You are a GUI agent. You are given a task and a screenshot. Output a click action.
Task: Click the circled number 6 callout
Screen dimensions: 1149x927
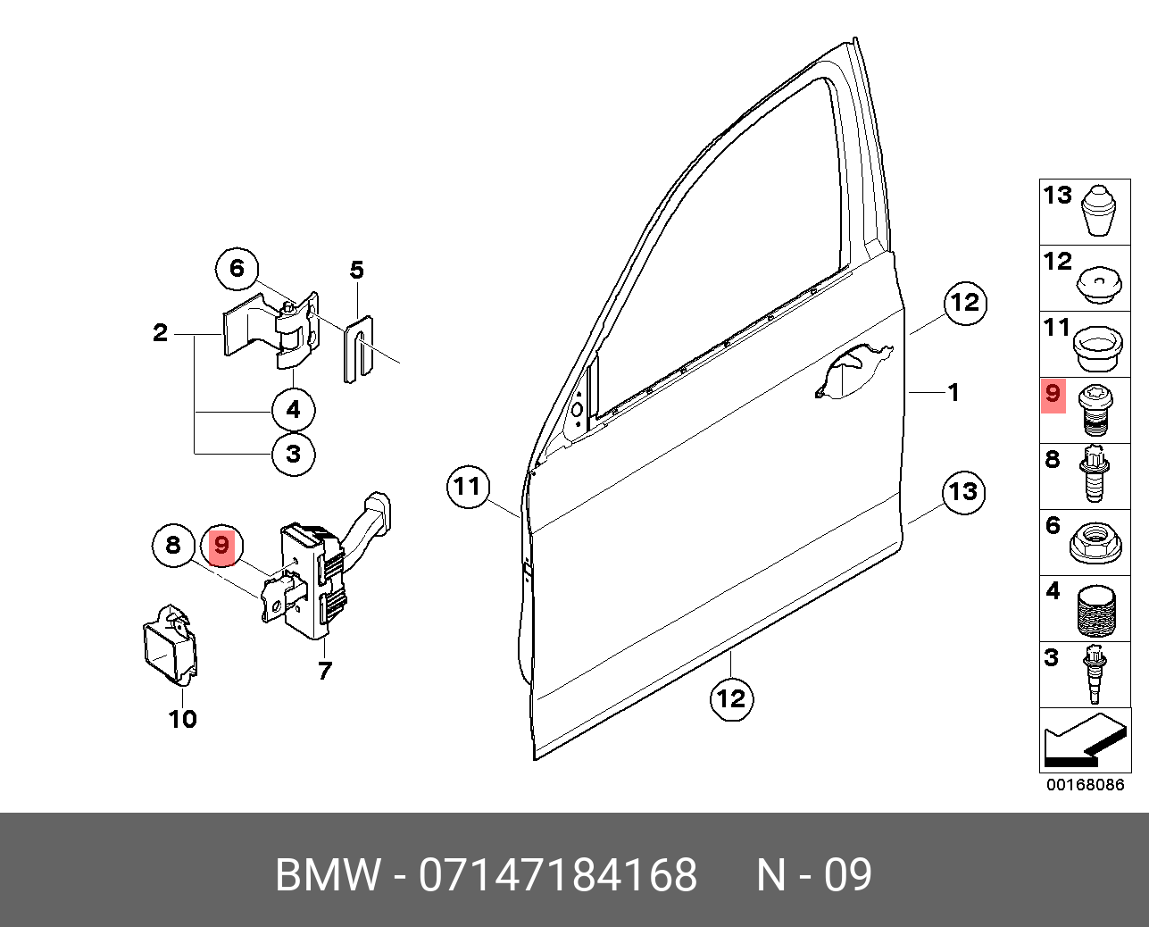pos(237,268)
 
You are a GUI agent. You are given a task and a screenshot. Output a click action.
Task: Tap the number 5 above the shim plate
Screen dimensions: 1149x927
pos(356,270)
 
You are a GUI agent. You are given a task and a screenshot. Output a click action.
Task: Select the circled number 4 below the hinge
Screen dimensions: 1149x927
pos(294,411)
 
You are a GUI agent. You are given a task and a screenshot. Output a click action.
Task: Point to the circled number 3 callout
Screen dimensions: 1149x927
pos(294,454)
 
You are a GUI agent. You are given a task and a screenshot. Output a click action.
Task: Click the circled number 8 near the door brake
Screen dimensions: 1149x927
pos(173,545)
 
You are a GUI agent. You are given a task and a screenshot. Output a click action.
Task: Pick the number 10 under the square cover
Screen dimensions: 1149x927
pos(182,719)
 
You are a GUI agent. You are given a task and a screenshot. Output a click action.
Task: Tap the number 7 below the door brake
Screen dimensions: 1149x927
pos(324,670)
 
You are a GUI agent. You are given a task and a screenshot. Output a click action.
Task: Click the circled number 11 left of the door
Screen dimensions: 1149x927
pos(468,487)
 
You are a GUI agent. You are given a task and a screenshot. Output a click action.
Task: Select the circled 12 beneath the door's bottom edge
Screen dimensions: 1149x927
pos(731,697)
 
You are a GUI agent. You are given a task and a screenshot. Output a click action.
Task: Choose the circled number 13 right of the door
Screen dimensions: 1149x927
pos(963,491)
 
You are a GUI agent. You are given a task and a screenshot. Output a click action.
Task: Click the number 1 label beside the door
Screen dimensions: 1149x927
pos(953,392)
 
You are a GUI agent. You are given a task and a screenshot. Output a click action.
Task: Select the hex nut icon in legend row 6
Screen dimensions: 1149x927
pos(1095,543)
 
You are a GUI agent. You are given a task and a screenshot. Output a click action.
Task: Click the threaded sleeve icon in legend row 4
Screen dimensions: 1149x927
pos(1097,608)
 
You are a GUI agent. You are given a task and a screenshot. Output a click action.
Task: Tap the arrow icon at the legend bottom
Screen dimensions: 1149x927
pos(1084,740)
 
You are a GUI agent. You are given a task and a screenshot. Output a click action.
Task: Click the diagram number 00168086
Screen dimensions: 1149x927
pos(1086,785)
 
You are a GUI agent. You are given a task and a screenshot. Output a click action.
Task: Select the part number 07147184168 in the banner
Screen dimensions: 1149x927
pos(558,875)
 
